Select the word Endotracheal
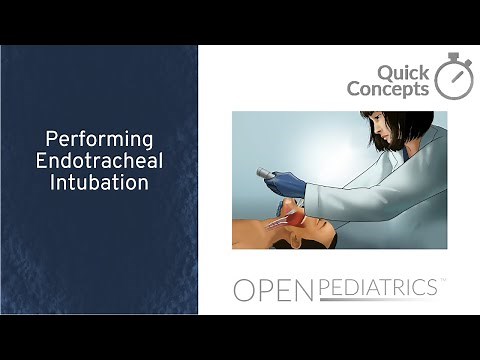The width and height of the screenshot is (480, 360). [x=99, y=162]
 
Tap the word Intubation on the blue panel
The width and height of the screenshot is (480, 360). [x=99, y=183]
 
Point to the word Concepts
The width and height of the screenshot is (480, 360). [x=388, y=89]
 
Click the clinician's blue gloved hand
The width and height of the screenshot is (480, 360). [x=288, y=183]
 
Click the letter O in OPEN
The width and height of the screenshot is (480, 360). [x=245, y=290]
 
